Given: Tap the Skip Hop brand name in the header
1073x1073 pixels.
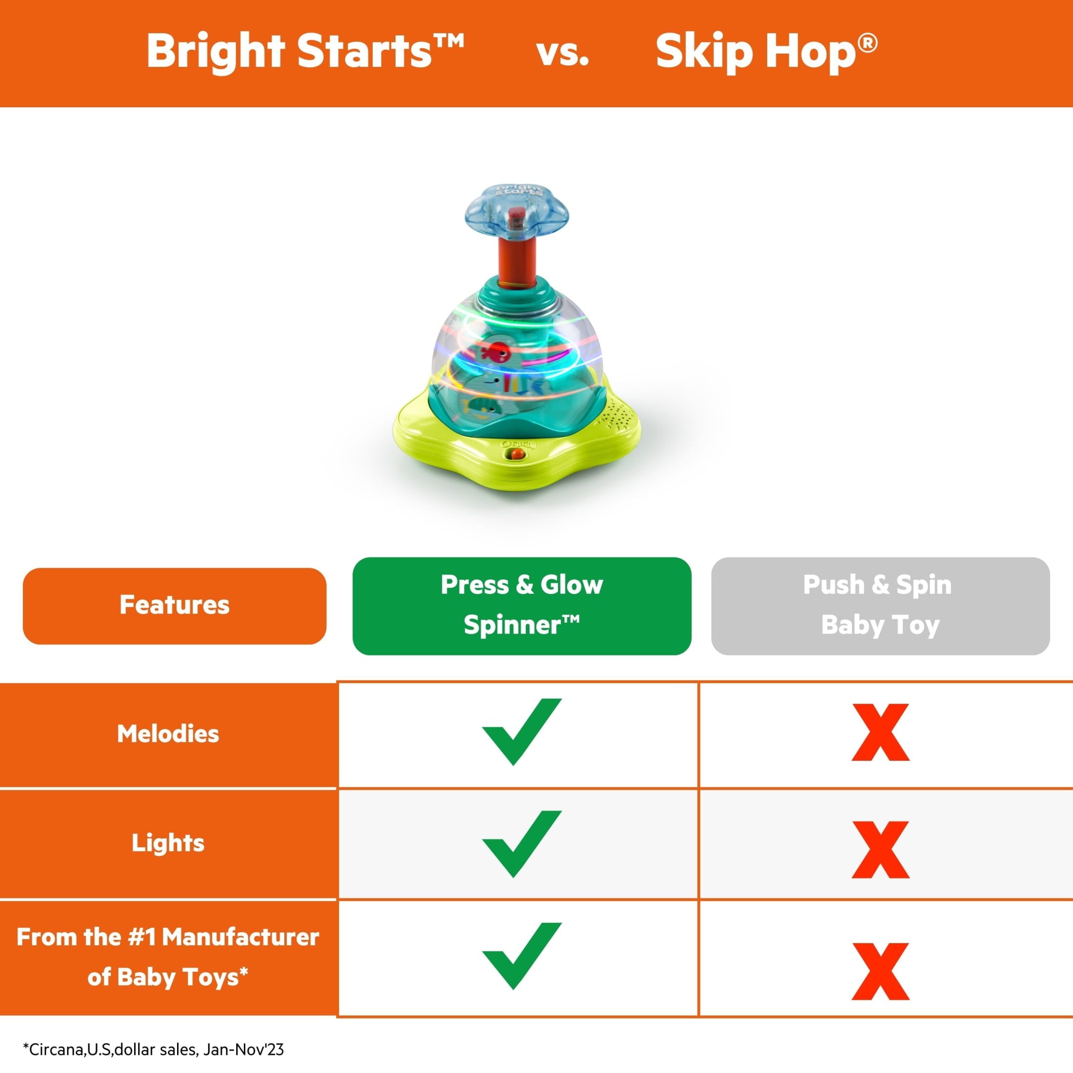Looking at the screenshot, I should tap(766, 51).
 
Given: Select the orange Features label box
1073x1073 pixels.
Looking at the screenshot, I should tap(175, 605).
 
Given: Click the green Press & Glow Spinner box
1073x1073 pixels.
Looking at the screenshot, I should tap(521, 605).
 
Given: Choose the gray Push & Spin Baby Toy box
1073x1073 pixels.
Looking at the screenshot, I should tap(880, 605).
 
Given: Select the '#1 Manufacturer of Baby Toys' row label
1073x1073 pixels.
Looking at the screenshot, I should tap(168, 956).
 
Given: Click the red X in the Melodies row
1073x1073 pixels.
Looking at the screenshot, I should tap(880, 733).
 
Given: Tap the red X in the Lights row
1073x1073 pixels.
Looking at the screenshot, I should tap(880, 850).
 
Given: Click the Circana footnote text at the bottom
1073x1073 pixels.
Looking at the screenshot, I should tap(153, 1049).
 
